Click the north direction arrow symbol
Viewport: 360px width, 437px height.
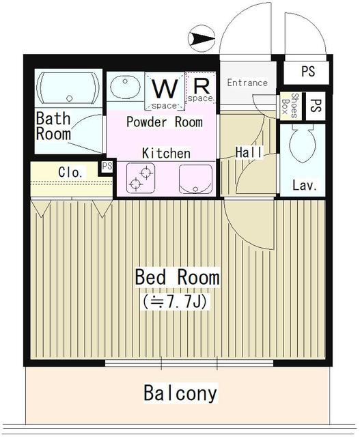pyautogui.click(x=199, y=39)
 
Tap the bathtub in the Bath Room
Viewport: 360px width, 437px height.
pyautogui.click(x=66, y=87)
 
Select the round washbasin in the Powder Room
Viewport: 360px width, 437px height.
pyautogui.click(x=125, y=88)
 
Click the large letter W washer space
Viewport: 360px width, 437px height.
pyautogui.click(x=164, y=89)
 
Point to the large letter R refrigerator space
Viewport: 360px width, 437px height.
pyautogui.click(x=201, y=87)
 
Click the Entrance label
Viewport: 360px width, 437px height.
pyautogui.click(x=247, y=83)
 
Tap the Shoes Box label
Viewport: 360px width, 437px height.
pyautogui.click(x=290, y=106)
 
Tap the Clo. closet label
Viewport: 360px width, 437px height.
pyautogui.click(x=70, y=172)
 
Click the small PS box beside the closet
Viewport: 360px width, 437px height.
pyautogui.click(x=107, y=167)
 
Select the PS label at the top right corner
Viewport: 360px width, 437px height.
pyautogui.click(x=308, y=71)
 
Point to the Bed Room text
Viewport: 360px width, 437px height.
pyautogui.click(x=177, y=277)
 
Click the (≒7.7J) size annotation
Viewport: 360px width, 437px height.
pyautogui.click(x=177, y=300)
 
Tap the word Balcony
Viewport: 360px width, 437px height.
pyautogui.click(x=180, y=393)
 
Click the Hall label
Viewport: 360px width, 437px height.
pyautogui.click(x=249, y=152)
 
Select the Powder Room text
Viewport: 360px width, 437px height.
pyautogui.click(x=164, y=122)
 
